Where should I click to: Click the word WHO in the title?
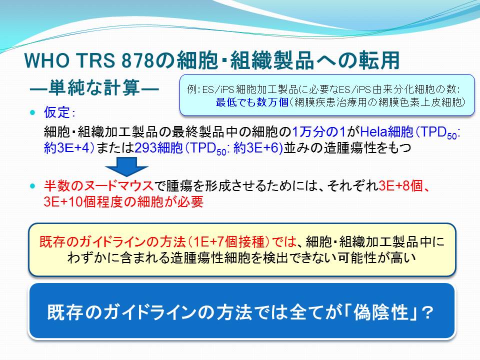point(47,60)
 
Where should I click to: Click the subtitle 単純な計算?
point(94,88)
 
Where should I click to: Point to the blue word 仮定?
point(57,112)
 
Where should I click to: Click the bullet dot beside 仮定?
point(33,112)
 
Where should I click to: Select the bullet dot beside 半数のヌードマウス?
point(33,186)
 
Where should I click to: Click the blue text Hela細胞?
point(386,132)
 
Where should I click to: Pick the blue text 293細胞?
point(158,148)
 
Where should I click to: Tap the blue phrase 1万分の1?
point(319,132)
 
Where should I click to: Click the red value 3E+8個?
point(400,186)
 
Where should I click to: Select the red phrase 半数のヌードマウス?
point(98,186)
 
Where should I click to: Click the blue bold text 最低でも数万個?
point(252,102)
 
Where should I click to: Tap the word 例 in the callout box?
point(192,89)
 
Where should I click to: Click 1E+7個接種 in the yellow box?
point(228,242)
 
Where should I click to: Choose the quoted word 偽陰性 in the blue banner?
point(381,312)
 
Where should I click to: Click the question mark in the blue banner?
point(426,313)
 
